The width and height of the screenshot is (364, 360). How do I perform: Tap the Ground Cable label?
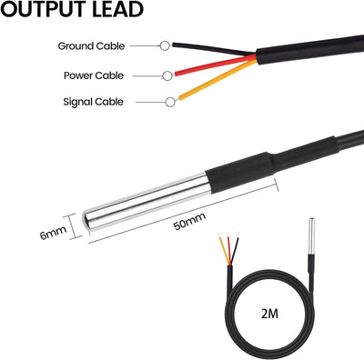(x=91, y=46)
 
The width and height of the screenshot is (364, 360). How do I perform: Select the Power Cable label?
(x=94, y=75)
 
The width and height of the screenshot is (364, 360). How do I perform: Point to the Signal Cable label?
(x=94, y=102)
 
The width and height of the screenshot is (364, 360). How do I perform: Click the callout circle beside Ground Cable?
(x=165, y=45)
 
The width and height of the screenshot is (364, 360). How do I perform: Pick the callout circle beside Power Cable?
(x=167, y=75)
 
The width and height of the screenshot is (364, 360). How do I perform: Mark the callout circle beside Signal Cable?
(x=170, y=102)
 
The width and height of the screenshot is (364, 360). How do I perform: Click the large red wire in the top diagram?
(x=216, y=65)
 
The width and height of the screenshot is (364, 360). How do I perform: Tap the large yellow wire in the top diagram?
(x=217, y=79)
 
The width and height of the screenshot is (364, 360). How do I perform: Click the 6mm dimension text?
(x=53, y=233)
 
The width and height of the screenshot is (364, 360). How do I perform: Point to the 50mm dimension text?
(x=189, y=221)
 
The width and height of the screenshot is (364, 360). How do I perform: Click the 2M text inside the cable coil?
(x=269, y=314)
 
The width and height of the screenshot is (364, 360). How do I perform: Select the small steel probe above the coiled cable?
(x=311, y=236)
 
